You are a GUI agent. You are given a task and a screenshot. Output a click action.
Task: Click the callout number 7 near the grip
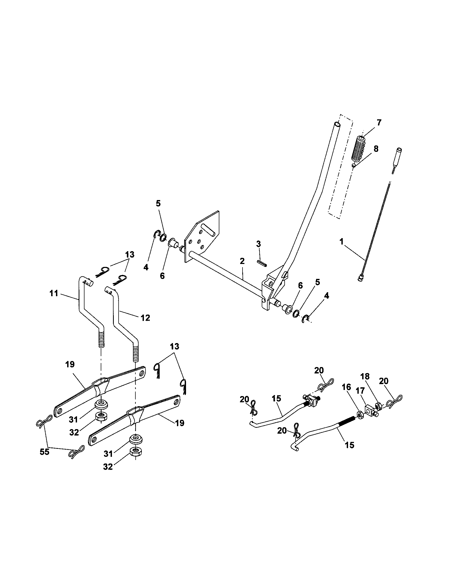[x=379, y=123]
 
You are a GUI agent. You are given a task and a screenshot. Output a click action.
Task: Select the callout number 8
[x=376, y=149]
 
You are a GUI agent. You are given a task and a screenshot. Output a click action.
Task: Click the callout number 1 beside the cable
[x=341, y=242]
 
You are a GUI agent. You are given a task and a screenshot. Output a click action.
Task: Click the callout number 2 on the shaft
[x=242, y=261]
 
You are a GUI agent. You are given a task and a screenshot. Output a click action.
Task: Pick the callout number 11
[x=54, y=293]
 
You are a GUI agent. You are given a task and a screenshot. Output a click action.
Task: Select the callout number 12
[x=145, y=318]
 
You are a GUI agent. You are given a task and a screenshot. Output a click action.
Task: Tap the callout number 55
[x=45, y=452]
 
